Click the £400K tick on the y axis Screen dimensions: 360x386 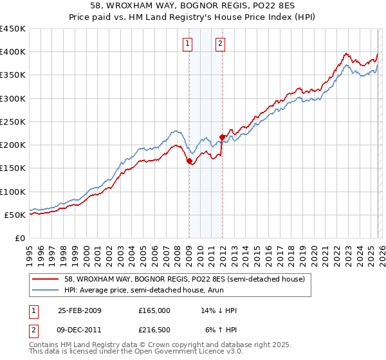click(x=13, y=52)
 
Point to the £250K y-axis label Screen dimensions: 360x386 click(x=13, y=122)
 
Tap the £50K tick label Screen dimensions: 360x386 click(x=15, y=215)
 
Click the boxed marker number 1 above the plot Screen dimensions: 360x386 click(x=188, y=44)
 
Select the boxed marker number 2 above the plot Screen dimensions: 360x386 click(x=220, y=44)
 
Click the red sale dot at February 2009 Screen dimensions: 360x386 click(x=189, y=162)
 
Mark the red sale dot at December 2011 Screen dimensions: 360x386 click(x=222, y=137)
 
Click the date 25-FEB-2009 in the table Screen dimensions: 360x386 click(x=79, y=310)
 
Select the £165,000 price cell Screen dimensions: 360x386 click(x=154, y=310)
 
